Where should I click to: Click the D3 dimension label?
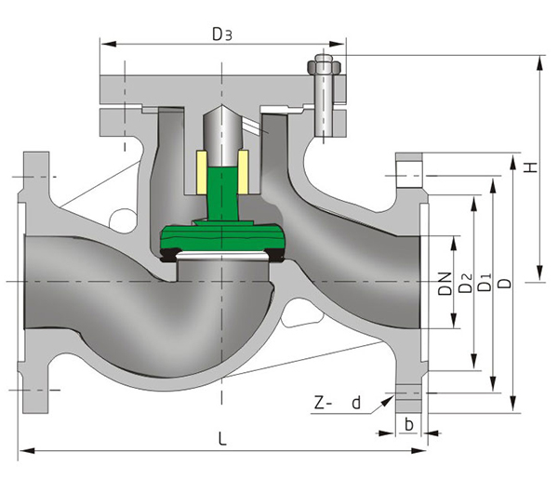(x=221, y=34)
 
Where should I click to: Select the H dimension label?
(x=531, y=167)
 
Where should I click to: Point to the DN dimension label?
(x=445, y=284)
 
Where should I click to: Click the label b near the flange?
(x=409, y=424)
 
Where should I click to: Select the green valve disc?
(x=221, y=241)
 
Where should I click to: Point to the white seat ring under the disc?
(x=221, y=257)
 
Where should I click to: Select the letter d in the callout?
(x=355, y=404)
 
